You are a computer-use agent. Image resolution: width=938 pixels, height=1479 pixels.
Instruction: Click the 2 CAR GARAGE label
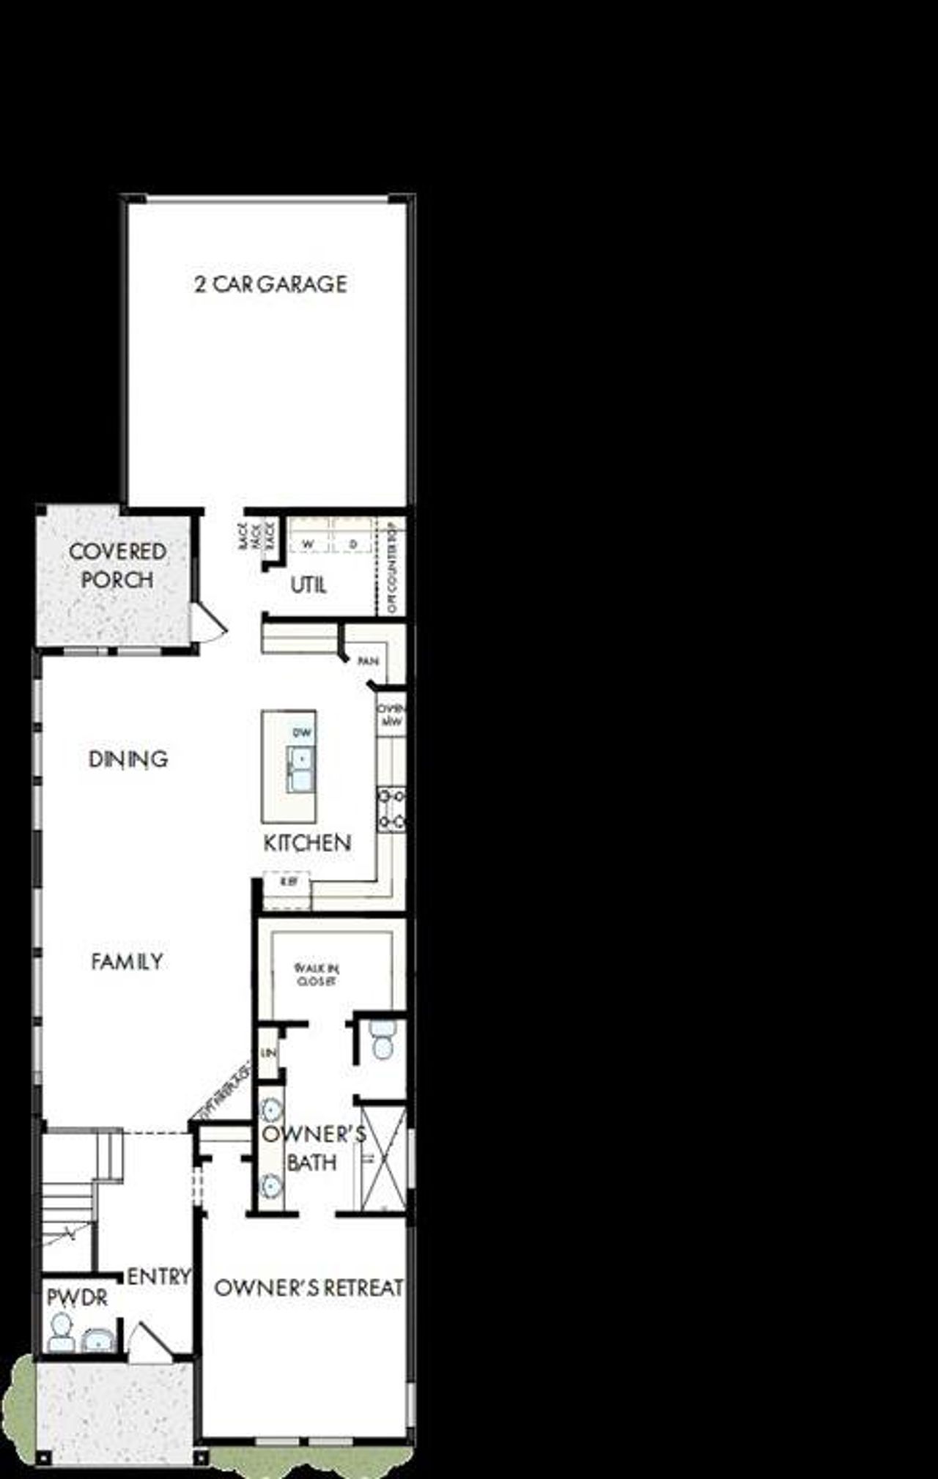[x=270, y=283]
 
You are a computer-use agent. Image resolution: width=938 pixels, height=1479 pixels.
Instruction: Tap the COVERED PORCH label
[x=117, y=565]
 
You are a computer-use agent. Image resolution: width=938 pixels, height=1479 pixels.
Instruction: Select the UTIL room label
[x=308, y=585]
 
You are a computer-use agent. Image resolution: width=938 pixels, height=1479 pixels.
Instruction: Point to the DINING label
[x=128, y=759]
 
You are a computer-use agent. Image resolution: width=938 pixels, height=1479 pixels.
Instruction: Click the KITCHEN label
[x=307, y=842]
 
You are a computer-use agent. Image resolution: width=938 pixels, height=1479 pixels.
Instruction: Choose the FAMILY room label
[x=127, y=961]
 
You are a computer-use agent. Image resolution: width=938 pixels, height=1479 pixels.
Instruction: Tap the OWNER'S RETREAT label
[x=309, y=1287]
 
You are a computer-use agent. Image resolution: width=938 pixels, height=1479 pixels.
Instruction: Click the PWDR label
[x=77, y=1297]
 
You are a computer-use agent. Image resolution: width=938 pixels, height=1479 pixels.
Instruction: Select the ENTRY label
[x=158, y=1277]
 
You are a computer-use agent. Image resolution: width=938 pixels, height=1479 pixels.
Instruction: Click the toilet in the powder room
[x=61, y=1332]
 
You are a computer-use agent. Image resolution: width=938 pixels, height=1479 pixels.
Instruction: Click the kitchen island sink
[x=300, y=768]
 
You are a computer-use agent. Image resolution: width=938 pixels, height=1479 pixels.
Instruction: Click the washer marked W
[x=308, y=544]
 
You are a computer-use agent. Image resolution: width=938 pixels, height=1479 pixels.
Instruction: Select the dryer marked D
[x=353, y=544]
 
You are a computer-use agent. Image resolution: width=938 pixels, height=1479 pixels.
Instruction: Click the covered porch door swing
[x=207, y=622]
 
